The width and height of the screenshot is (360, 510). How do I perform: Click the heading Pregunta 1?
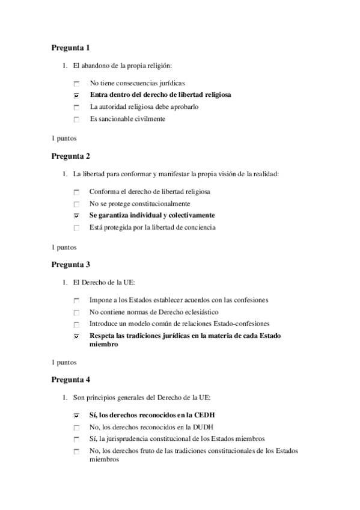pyautogui.click(x=70, y=47)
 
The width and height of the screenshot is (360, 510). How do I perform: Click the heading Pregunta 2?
pyautogui.click(x=70, y=156)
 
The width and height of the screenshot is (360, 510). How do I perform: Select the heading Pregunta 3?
pyautogui.click(x=70, y=264)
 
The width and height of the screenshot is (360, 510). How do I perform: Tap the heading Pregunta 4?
pyautogui.click(x=70, y=380)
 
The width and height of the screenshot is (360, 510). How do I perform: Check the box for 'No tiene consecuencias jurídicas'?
pyautogui.click(x=76, y=83)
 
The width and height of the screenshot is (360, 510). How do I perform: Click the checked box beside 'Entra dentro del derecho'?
pyautogui.click(x=76, y=95)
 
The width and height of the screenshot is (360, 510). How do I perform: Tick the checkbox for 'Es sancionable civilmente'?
pyautogui.click(x=76, y=119)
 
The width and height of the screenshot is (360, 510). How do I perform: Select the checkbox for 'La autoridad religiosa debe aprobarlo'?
pyautogui.click(x=76, y=107)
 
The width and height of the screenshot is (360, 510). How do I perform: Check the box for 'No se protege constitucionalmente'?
pyautogui.click(x=76, y=204)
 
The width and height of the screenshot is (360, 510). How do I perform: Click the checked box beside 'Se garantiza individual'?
pyautogui.click(x=76, y=216)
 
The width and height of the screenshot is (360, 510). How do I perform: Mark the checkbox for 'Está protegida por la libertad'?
pyautogui.click(x=76, y=228)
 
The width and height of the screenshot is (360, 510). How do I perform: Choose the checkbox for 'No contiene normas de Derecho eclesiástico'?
pyautogui.click(x=76, y=313)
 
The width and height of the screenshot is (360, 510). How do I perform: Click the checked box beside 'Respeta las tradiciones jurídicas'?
pyautogui.click(x=76, y=336)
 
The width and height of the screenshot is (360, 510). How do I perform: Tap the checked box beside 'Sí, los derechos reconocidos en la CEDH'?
pyautogui.click(x=76, y=416)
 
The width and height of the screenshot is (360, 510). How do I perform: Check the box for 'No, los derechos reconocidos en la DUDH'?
pyautogui.click(x=76, y=428)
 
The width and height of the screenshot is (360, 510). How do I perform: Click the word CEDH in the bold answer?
pyautogui.click(x=204, y=416)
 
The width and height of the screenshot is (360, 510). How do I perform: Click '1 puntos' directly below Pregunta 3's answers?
pyautogui.click(x=64, y=363)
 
